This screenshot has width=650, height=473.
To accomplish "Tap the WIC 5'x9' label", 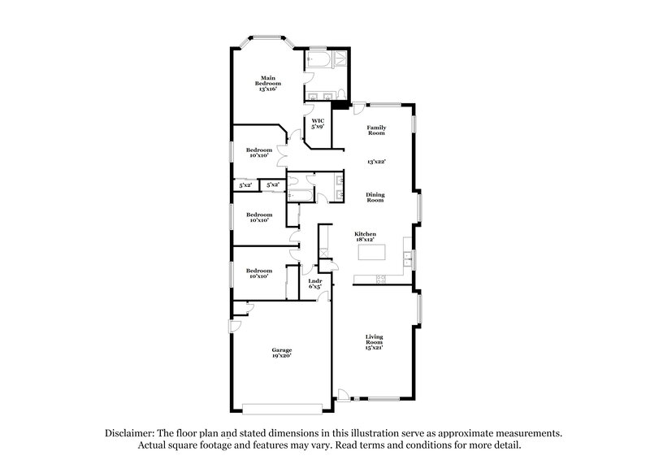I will (x=318, y=124).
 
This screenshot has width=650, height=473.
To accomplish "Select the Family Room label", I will (x=375, y=130).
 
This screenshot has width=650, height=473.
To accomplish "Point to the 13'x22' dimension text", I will (x=375, y=162).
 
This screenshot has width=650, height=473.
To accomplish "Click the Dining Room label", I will (x=375, y=197).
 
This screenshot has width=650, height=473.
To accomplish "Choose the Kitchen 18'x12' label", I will (x=365, y=237).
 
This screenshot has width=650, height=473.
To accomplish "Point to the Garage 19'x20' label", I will (x=281, y=353).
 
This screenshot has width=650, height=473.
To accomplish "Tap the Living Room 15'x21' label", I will (x=375, y=341).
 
